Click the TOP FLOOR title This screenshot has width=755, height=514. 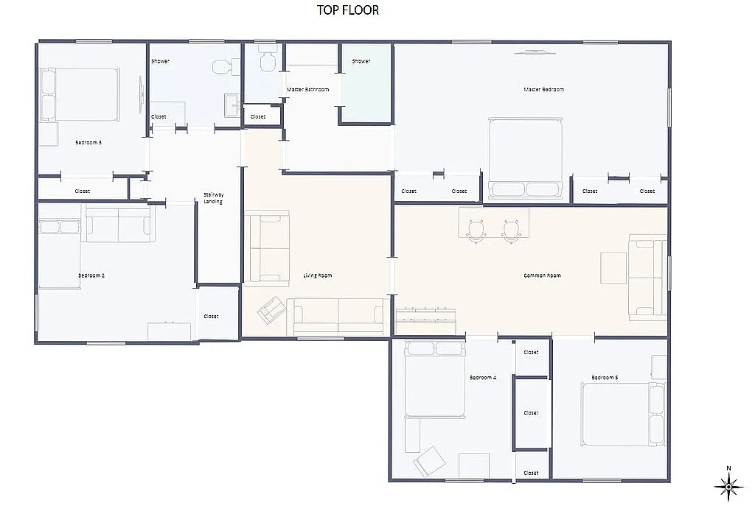coord(348,10)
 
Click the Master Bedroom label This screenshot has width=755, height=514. coord(543,90)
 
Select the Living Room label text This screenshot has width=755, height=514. coord(317,275)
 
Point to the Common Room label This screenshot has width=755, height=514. coord(542,275)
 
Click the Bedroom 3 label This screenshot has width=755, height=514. coord(88,142)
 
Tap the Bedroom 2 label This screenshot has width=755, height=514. coord(91,275)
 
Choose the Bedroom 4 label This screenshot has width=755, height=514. coord(483,378)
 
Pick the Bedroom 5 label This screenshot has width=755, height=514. coord(605,378)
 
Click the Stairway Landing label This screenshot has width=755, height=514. coord(212,198)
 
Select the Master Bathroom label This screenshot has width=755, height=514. coord(307,90)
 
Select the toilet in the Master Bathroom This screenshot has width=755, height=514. coord(267,59)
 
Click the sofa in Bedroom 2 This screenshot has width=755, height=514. coord(119,225)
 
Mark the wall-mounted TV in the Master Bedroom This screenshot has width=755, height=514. coord(535,52)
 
